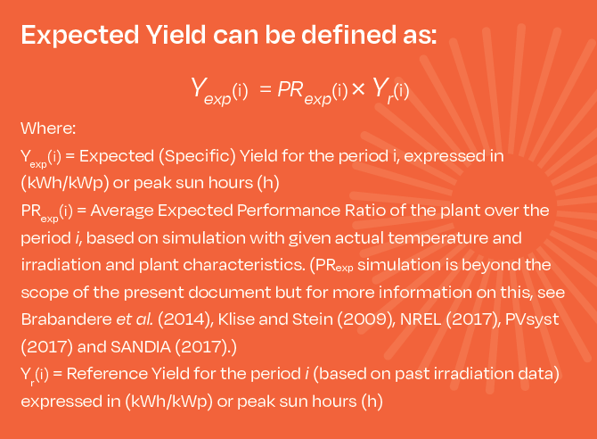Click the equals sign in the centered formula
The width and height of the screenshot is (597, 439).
pos(265,89)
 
